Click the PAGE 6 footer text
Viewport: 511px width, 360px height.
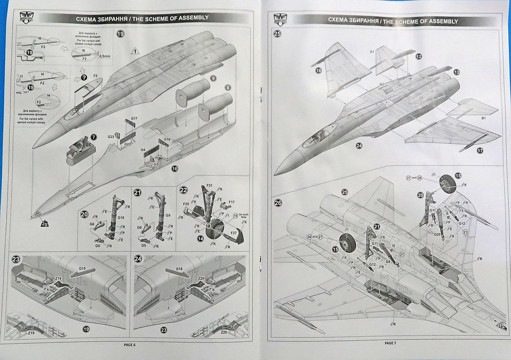(x=129, y=345)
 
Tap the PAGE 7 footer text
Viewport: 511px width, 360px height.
(x=390, y=343)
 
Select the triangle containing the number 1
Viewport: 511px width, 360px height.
(x=135, y=51)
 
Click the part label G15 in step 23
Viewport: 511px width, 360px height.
(x=82, y=269)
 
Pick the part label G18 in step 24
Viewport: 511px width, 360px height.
(x=179, y=269)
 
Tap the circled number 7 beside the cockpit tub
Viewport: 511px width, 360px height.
(x=94, y=137)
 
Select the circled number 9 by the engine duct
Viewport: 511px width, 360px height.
(x=214, y=78)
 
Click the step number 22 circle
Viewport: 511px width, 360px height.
(x=183, y=190)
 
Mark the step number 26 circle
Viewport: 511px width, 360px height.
(x=278, y=203)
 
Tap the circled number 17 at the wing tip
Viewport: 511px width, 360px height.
(x=480, y=150)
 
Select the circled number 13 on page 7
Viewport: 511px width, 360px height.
(x=457, y=72)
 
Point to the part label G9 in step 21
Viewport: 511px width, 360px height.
(x=168, y=216)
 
